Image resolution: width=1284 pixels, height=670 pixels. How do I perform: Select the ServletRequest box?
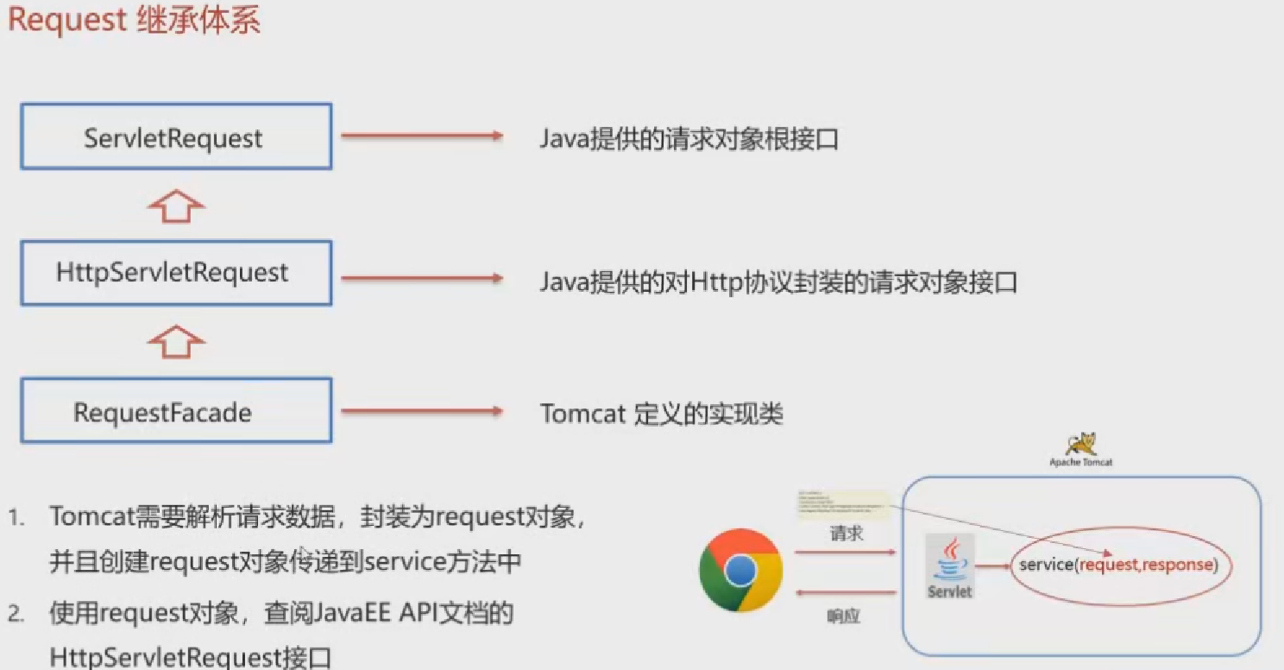[x=176, y=136]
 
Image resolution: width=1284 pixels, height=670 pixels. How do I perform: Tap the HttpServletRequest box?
[x=176, y=273]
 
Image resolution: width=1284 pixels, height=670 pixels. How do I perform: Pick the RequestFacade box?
[x=176, y=411]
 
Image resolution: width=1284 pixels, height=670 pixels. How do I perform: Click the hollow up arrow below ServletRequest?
[x=175, y=205]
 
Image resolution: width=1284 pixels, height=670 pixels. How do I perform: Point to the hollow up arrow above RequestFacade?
[x=175, y=342]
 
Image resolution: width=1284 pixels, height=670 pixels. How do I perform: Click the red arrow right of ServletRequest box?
[x=421, y=136]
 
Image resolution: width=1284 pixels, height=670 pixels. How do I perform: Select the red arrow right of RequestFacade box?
[x=421, y=411]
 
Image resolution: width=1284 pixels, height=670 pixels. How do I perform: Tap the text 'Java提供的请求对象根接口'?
[x=689, y=139]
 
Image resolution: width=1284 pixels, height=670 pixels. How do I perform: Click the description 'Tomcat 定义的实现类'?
[x=661, y=414]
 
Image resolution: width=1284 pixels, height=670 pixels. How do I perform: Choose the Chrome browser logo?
[x=740, y=571]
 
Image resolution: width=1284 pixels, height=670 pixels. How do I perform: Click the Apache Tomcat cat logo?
[x=1081, y=444]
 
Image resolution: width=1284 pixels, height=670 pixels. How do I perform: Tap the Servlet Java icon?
[x=950, y=566]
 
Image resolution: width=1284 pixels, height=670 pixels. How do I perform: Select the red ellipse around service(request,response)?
[x=1119, y=566]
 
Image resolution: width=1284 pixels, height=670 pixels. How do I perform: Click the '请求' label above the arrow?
[x=846, y=534]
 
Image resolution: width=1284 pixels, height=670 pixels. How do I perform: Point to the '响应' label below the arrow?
[x=843, y=616]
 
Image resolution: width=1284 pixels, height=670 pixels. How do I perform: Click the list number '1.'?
[x=17, y=518]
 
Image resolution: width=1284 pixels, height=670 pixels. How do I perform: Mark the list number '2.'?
[x=17, y=615]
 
